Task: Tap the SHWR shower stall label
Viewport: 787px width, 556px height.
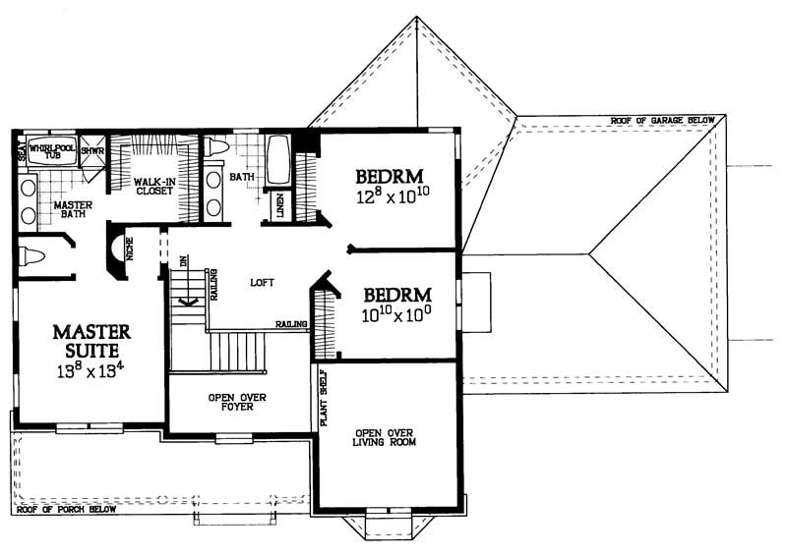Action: [91, 151]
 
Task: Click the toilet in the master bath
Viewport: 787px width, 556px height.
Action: [32, 259]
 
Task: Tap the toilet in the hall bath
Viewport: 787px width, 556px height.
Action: [217, 147]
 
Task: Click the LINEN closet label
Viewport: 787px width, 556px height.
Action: [281, 206]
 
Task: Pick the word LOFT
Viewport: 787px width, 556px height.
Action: [261, 283]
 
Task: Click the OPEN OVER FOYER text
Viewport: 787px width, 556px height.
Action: [238, 402]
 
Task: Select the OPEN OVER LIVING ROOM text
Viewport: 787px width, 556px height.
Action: [389, 437]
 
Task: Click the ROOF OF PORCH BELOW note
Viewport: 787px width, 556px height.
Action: [66, 510]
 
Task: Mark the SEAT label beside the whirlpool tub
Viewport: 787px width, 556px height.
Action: [20, 153]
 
